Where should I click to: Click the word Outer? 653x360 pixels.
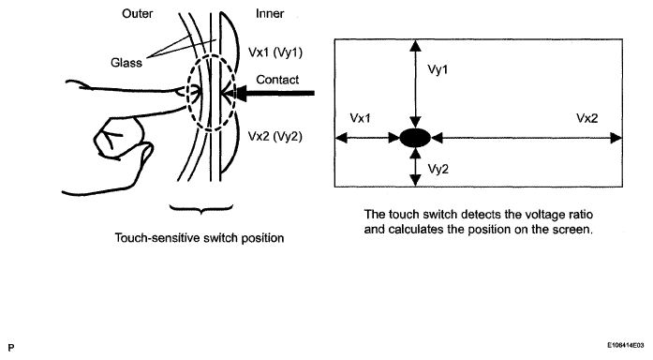[x=137, y=14]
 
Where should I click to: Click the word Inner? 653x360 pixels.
[x=270, y=14]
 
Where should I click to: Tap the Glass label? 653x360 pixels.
[x=126, y=63]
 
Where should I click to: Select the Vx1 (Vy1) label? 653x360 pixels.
[x=275, y=52]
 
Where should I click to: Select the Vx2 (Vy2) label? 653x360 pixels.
[x=275, y=136]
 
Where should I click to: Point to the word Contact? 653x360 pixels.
[x=277, y=80]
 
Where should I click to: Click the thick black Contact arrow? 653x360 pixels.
[x=271, y=93]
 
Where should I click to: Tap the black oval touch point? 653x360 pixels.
[x=415, y=138]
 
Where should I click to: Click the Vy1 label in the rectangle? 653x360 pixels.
[x=438, y=69]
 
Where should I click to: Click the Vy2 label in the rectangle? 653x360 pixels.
[x=438, y=169]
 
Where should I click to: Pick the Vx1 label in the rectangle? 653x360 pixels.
[x=361, y=118]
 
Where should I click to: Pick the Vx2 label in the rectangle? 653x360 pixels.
[x=587, y=118]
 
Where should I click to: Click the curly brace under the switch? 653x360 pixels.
[x=201, y=209]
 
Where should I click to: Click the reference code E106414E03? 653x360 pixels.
[x=626, y=345]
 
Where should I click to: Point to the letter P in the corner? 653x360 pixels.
[x=11, y=348]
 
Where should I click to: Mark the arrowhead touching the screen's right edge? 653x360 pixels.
[x=616, y=138]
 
